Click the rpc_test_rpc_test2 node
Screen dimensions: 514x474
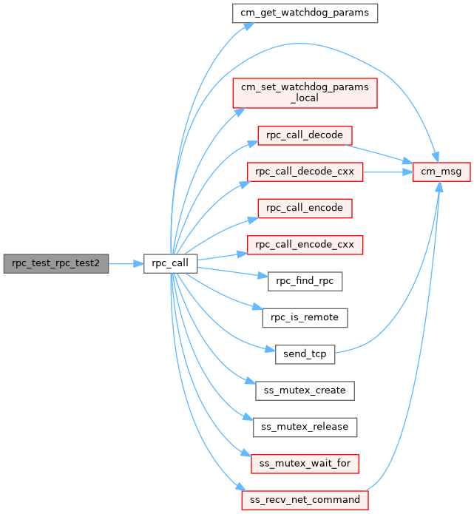point(56,263)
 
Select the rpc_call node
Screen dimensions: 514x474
point(170,263)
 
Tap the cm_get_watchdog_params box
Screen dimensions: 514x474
point(305,13)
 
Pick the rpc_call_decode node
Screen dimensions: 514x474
point(305,135)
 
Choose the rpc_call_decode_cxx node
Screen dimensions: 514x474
point(305,172)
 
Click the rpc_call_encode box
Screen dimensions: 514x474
point(305,208)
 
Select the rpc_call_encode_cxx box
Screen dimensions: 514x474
point(305,244)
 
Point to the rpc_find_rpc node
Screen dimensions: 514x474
point(305,280)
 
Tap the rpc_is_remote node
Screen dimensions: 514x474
point(305,317)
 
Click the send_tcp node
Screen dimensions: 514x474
point(305,353)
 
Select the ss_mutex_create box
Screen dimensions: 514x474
point(305,389)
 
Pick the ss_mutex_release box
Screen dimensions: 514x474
point(305,427)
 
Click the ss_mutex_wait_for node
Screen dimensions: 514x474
point(305,464)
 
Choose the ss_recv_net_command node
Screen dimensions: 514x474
point(305,500)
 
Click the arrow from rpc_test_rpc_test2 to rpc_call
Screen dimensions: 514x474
point(126,263)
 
